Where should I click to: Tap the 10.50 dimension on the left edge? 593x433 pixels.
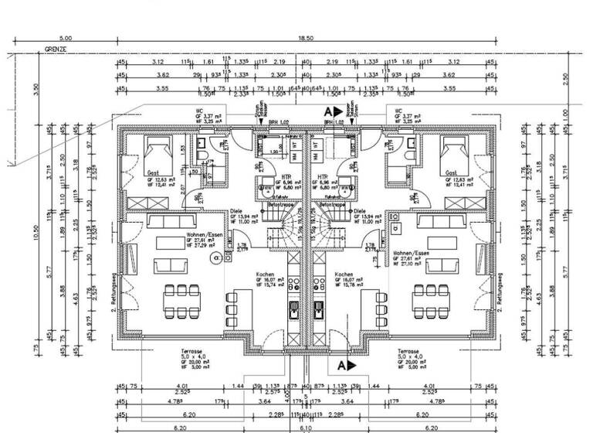pyautogui.click(x=36, y=232)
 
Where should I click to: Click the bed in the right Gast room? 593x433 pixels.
pyautogui.click(x=456, y=151)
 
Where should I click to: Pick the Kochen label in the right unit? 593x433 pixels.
pyautogui.click(x=344, y=274)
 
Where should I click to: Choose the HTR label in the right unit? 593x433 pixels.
pyautogui.click(x=322, y=176)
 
